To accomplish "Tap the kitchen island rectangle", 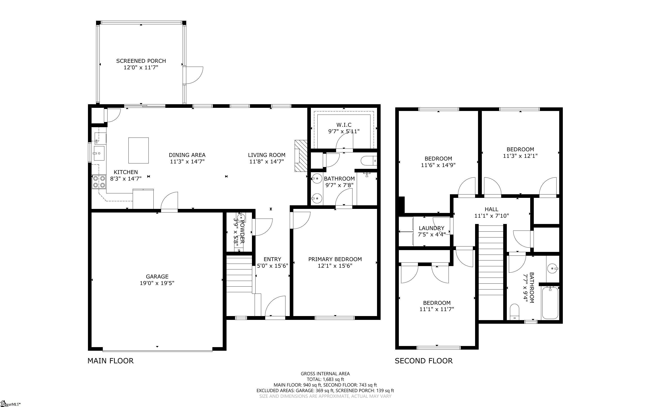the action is coord(139,150).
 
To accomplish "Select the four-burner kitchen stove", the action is coord(99,181).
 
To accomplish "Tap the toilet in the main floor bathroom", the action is coord(369,161).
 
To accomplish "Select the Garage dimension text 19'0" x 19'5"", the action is coord(157,283).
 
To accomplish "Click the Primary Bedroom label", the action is coord(335,259).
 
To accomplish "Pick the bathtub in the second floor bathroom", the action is coord(550,303).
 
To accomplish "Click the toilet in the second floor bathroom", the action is coord(515,312).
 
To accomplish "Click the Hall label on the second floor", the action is coord(491,209).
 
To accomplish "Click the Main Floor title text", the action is coord(110,361).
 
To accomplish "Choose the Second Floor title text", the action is coord(424,361).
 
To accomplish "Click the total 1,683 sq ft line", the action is coord(325,379).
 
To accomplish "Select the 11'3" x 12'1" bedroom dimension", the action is coord(520,156).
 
